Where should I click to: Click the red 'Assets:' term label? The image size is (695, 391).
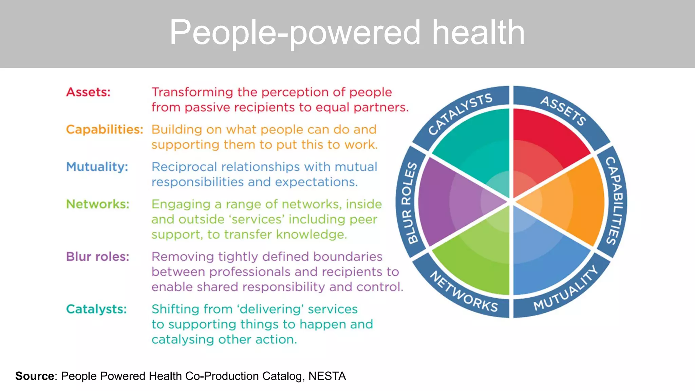coord(88,92)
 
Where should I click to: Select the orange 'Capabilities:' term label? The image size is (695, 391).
coord(105,130)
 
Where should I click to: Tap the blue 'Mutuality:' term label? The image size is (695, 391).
coord(97,167)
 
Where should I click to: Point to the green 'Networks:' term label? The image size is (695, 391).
coord(98,204)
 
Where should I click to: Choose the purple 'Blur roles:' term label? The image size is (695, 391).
coord(98,257)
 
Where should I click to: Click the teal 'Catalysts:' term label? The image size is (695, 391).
coord(96,309)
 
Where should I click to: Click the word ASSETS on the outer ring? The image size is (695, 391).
coord(563,111)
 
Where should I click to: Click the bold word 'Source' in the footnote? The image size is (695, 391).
coord(35,376)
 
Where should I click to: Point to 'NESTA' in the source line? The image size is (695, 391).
coord(327,376)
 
